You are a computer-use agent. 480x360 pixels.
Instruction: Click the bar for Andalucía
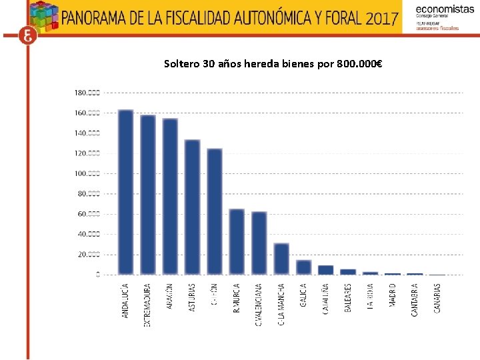[125, 192]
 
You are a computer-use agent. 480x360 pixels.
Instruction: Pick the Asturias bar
[192, 207]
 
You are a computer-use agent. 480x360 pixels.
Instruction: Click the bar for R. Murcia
[237, 242]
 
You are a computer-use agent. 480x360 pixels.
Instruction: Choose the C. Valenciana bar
[259, 243]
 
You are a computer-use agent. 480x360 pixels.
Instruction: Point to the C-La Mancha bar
[281, 259]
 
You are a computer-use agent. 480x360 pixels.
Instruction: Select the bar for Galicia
[303, 267]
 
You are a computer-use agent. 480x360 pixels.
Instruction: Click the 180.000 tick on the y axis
[87, 92]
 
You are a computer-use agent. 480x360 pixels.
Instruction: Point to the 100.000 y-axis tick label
[87, 173]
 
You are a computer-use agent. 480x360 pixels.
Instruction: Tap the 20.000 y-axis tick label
[88, 255]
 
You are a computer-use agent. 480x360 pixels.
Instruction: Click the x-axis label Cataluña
[326, 299]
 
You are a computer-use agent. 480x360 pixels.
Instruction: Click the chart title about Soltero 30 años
[273, 65]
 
